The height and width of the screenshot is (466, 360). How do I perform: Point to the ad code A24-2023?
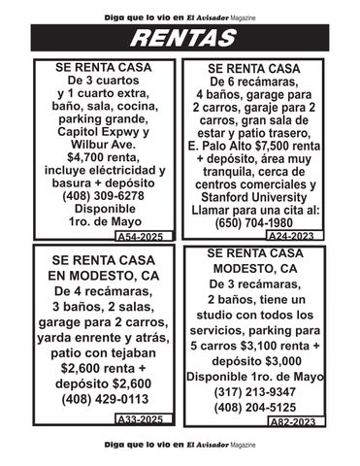(292, 236)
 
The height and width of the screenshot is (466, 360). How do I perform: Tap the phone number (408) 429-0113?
(104, 398)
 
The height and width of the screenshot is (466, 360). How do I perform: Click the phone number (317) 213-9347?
(256, 392)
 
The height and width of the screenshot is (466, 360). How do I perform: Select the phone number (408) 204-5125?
(256, 408)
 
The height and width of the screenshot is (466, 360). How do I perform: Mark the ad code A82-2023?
(292, 421)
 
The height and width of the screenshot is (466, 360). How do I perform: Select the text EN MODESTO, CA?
(104, 275)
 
